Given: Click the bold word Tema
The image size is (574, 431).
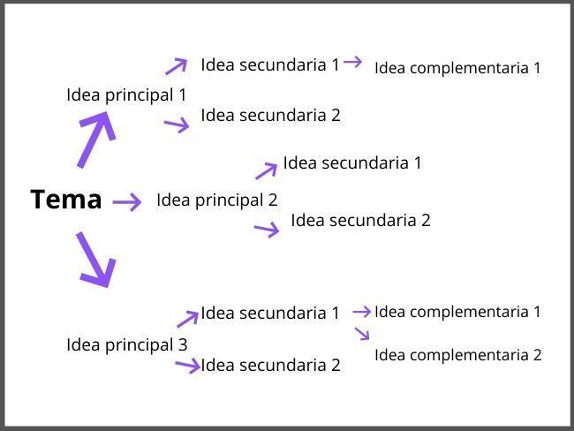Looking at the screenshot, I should (66, 200).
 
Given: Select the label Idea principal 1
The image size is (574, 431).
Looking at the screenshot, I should (126, 95).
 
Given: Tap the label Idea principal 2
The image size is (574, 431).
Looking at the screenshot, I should (216, 200).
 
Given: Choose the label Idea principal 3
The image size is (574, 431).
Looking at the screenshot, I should (126, 344).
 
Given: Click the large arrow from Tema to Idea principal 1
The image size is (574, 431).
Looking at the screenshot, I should (96, 139).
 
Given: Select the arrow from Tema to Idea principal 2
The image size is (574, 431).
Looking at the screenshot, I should (127, 202).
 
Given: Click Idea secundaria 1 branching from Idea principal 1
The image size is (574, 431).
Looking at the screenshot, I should (269, 64).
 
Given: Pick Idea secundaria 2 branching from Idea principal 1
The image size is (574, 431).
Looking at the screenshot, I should (269, 115).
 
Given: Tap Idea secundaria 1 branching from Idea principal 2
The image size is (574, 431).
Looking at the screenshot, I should (352, 163).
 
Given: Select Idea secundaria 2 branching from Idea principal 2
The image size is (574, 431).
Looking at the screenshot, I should (360, 220).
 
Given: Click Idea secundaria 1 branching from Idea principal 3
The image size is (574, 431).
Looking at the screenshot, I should (269, 313).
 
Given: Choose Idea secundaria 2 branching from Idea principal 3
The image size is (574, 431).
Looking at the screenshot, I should (269, 365).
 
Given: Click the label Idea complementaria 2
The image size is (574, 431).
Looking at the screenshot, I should (457, 355).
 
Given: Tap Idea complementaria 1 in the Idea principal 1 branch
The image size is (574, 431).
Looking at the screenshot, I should (457, 68).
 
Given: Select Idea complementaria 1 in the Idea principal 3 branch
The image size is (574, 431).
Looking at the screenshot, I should (457, 311).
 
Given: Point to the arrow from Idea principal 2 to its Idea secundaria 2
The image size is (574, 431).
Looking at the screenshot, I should (267, 230).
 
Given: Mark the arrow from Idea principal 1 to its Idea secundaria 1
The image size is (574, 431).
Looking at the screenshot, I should (177, 65).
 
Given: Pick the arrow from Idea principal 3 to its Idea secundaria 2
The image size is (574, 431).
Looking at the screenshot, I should (188, 365).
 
